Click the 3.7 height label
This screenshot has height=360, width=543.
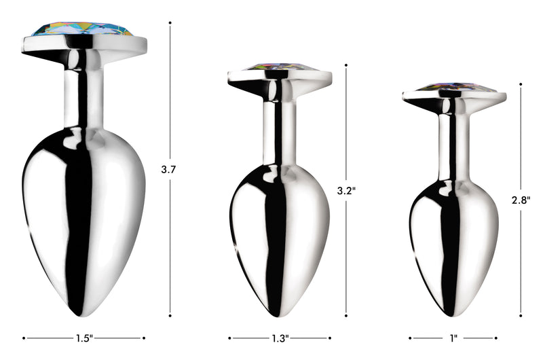point(169,170)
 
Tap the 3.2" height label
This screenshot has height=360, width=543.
point(347,191)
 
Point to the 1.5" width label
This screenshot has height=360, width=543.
point(83,338)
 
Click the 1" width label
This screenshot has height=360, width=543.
point(453,338)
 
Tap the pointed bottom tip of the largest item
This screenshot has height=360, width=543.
point(84,314)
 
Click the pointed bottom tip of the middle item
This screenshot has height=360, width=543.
point(280,314)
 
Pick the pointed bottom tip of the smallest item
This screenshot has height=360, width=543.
point(453,314)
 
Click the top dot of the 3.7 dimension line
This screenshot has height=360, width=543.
point(170,22)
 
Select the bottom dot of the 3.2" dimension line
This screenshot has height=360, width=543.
point(347,315)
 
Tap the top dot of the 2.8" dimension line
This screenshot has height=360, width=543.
point(521,84)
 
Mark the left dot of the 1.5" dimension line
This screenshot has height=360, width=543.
point(24,338)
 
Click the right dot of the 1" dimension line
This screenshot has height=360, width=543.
point(496,338)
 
